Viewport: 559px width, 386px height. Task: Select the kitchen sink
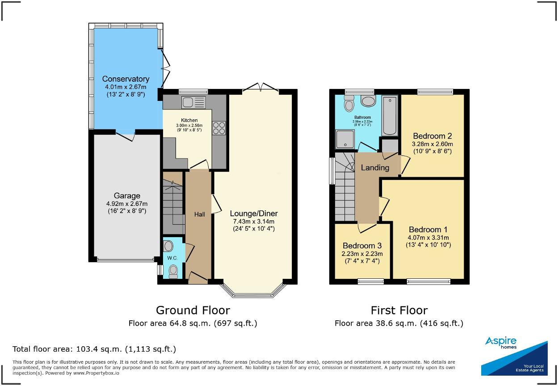coord(193,102)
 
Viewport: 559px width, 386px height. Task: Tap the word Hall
coord(199,215)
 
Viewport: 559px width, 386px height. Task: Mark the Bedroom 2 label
coord(432,136)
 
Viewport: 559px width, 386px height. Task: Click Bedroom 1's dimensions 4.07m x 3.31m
coord(428,238)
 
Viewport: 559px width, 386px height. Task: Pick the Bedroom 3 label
coord(361,246)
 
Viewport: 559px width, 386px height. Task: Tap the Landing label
coord(375,168)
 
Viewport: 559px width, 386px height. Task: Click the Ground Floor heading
coord(193,310)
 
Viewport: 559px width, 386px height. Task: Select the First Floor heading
coord(399,310)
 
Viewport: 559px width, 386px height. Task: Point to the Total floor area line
coord(94,349)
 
